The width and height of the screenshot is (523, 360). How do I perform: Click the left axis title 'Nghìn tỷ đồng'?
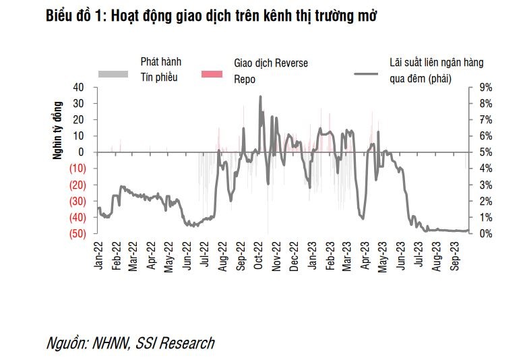[x=59, y=130]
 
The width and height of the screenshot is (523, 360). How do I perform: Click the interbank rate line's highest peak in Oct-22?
[x=260, y=97]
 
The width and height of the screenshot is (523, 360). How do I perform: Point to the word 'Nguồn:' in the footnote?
[x=65, y=343]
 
